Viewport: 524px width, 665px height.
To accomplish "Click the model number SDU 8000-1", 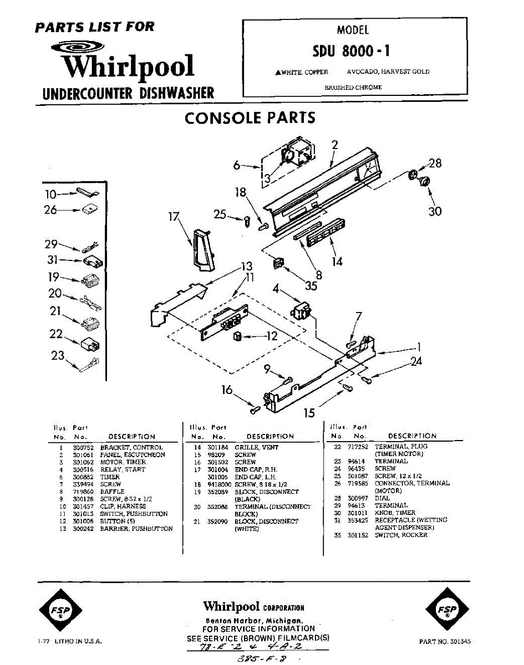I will [352, 51].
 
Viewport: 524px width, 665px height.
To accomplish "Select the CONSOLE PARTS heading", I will [250, 117].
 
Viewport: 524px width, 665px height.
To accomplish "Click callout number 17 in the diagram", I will [175, 217].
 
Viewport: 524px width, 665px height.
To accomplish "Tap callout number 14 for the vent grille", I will [337, 261].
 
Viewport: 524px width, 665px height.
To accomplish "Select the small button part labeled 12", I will [237, 336].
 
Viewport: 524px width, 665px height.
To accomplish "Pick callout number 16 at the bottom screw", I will [227, 390].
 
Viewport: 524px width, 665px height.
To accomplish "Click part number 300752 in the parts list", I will [84, 447].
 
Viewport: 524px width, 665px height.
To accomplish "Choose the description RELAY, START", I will [123, 469].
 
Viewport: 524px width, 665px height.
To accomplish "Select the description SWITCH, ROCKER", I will [401, 535].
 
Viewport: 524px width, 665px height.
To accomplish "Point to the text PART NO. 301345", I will [445, 642].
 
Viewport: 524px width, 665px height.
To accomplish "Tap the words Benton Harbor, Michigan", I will [253, 620].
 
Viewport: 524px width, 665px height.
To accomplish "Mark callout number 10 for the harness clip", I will [50, 194].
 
